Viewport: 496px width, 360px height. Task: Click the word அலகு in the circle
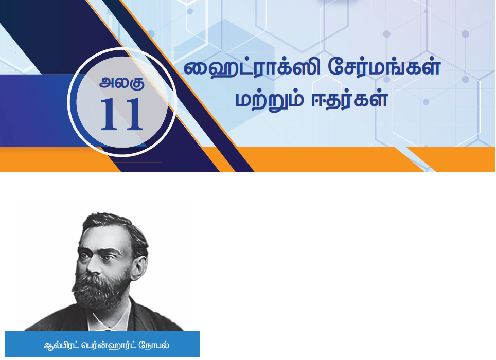pyautogui.click(x=122, y=83)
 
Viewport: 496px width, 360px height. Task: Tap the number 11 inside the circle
pyautogui.click(x=122, y=114)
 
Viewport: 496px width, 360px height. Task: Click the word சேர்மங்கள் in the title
pyautogui.click(x=384, y=67)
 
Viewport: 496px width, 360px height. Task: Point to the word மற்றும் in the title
pyautogui.click(x=270, y=100)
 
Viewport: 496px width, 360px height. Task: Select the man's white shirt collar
pyautogui.click(x=109, y=315)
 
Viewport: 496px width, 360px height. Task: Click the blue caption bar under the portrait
pyautogui.click(x=102, y=344)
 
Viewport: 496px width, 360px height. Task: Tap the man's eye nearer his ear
pyautogui.click(x=107, y=258)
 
